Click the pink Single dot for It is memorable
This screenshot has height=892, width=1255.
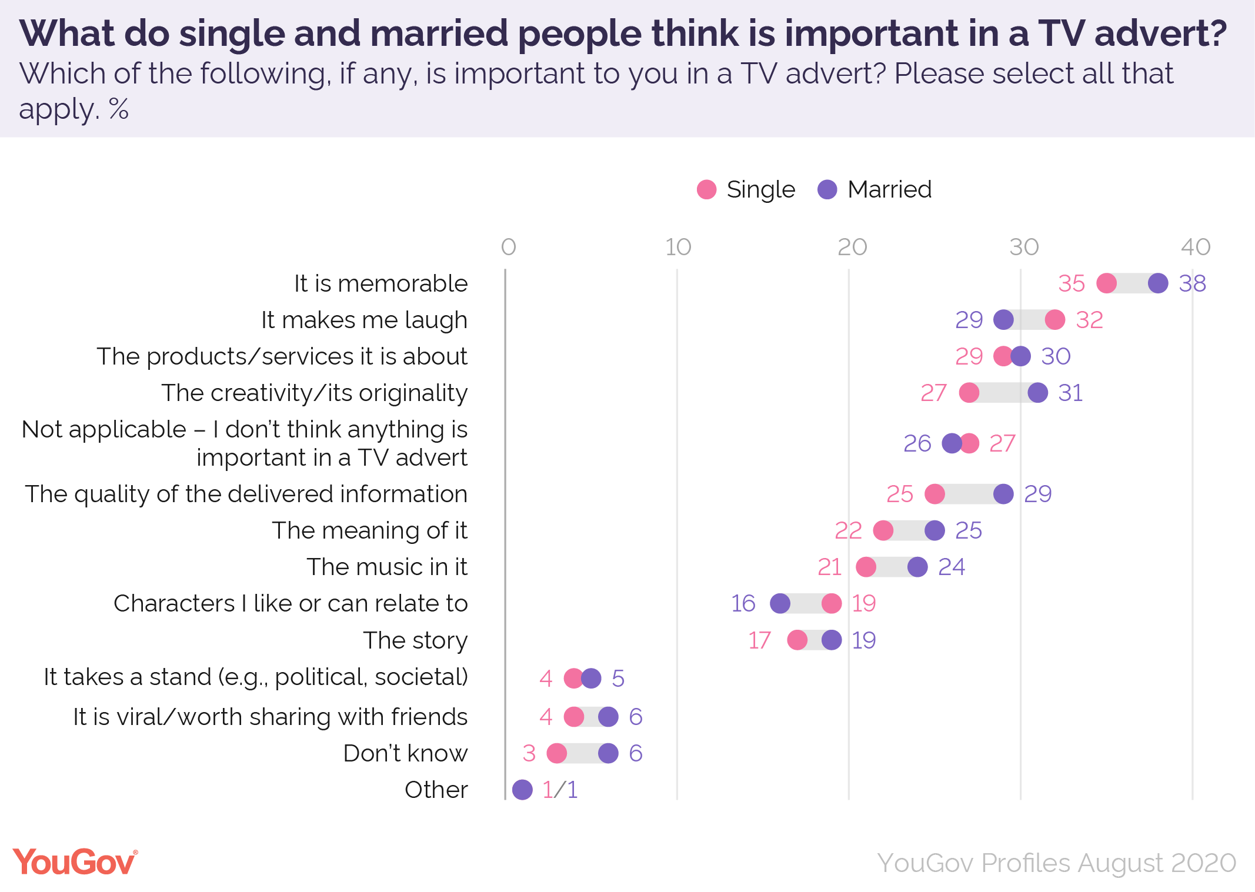click(1106, 283)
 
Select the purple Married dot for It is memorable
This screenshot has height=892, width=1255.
click(1158, 283)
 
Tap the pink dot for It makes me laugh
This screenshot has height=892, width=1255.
click(1055, 320)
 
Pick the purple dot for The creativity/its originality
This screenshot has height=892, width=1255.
click(1038, 393)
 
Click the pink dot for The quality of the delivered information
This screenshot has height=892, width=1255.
click(934, 494)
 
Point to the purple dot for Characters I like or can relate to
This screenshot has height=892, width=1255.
click(780, 603)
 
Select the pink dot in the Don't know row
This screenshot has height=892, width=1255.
click(556, 753)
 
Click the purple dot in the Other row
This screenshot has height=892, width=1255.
click(522, 790)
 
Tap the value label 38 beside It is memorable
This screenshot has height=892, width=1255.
click(1193, 283)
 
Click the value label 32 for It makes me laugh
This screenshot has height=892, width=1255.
click(1089, 320)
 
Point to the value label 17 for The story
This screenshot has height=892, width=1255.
click(759, 640)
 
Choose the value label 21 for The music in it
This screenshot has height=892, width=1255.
click(829, 567)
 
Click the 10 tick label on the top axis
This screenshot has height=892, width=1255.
click(677, 247)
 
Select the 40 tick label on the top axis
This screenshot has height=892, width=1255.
click(1195, 247)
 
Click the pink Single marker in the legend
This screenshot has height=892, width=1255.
click(706, 189)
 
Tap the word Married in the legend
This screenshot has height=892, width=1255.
click(889, 189)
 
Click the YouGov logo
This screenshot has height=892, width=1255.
click(75, 862)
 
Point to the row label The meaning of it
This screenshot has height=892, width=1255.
click(369, 530)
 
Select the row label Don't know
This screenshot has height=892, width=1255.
click(405, 753)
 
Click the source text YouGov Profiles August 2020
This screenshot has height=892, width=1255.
click(1056, 863)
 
